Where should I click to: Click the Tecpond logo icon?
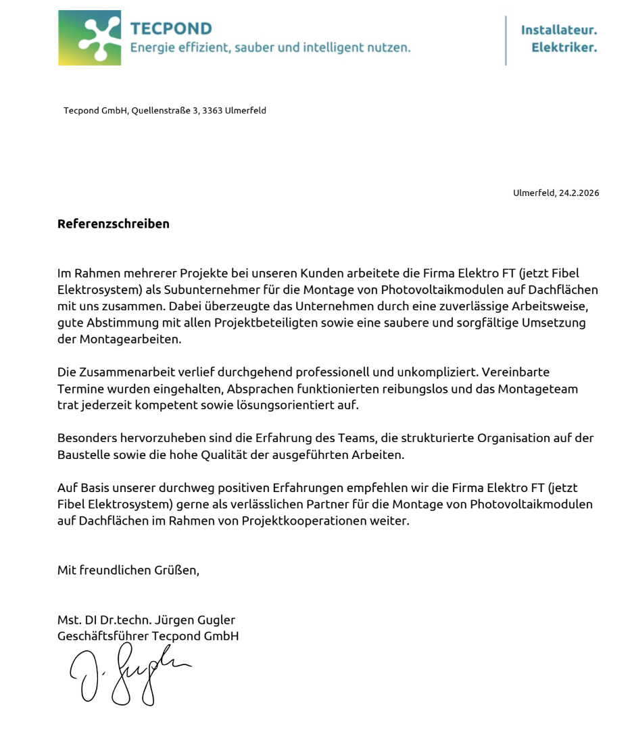89,38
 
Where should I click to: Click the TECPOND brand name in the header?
170,28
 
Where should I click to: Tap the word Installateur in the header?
558,30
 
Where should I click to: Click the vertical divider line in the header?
506,41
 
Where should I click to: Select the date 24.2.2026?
579,193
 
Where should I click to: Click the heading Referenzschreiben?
113,224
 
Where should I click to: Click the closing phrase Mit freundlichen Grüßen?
128,570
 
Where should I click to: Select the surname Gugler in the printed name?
218,619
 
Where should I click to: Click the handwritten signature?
128,673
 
